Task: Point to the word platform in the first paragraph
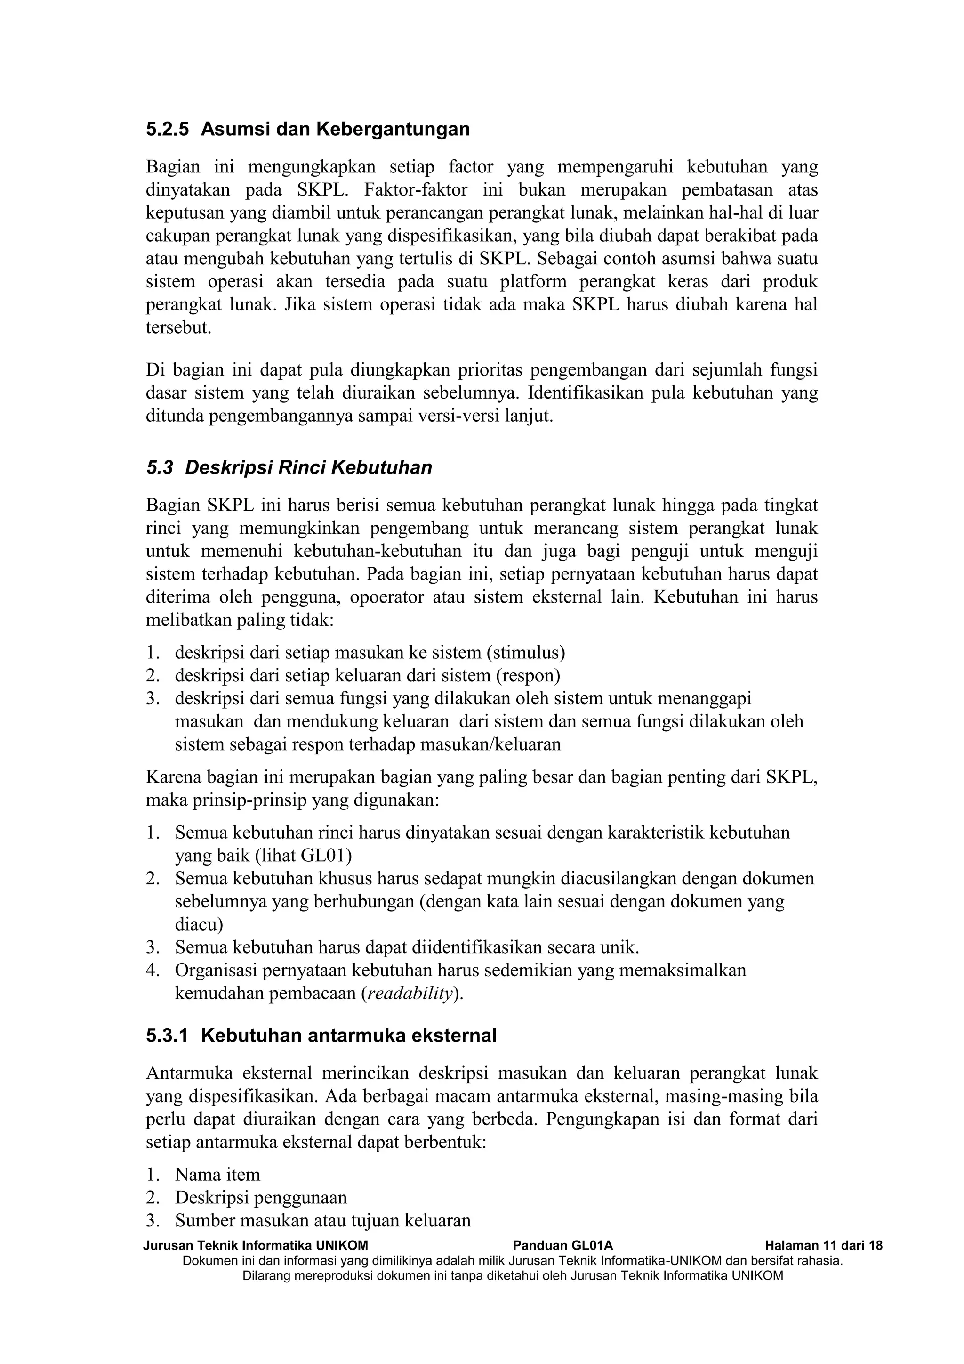pyautogui.click(x=534, y=282)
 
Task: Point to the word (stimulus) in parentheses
pyautogui.click(x=525, y=653)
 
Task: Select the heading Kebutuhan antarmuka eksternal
pyautogui.click(x=348, y=1036)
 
